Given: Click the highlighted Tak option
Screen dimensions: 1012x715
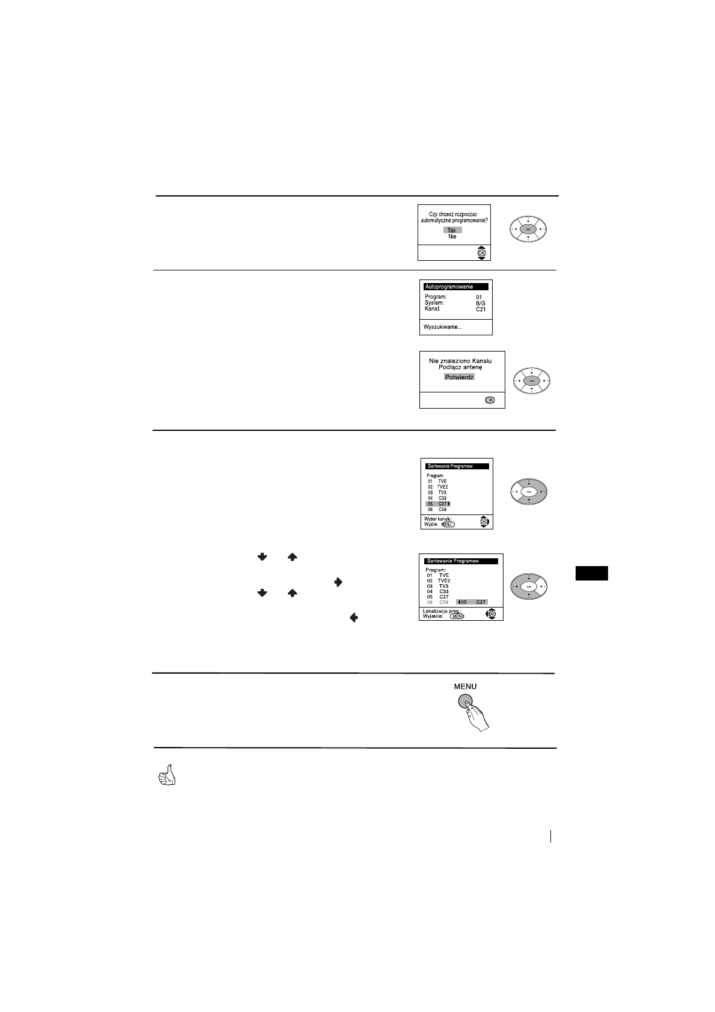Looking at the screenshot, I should pyautogui.click(x=452, y=230).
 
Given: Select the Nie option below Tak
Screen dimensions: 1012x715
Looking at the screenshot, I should pyautogui.click(x=452, y=237).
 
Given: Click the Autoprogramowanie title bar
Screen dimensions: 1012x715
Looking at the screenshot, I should pyautogui.click(x=455, y=287).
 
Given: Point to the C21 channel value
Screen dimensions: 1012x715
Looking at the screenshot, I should pyautogui.click(x=481, y=309).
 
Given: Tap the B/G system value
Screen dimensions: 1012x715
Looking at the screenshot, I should pyautogui.click(x=481, y=303).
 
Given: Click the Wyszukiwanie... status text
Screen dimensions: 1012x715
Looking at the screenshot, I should pyautogui.click(x=443, y=327).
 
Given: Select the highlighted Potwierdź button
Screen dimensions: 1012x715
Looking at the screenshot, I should pyautogui.click(x=460, y=377).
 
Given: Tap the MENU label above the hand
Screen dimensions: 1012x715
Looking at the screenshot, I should pyautogui.click(x=465, y=686).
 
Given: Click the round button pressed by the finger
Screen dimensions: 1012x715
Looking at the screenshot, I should pyautogui.click(x=465, y=701).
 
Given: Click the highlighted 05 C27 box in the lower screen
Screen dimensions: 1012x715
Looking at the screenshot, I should pyautogui.click(x=472, y=602).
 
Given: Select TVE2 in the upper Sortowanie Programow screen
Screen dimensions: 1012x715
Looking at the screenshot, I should pyautogui.click(x=443, y=487).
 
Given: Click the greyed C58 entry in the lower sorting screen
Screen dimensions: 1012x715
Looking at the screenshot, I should pyautogui.click(x=443, y=602).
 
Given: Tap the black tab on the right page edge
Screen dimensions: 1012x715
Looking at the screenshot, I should pyautogui.click(x=592, y=573).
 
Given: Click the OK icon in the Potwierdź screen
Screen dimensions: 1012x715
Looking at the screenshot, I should pyautogui.click(x=490, y=400).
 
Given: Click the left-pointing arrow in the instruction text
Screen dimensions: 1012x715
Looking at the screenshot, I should pyautogui.click(x=353, y=617).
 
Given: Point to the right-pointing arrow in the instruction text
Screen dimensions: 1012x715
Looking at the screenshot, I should pyautogui.click(x=338, y=582).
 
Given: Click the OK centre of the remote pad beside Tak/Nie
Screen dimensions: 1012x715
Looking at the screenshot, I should pyautogui.click(x=528, y=230).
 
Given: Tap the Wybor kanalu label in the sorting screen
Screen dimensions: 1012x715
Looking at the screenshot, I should pyautogui.click(x=438, y=519).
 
